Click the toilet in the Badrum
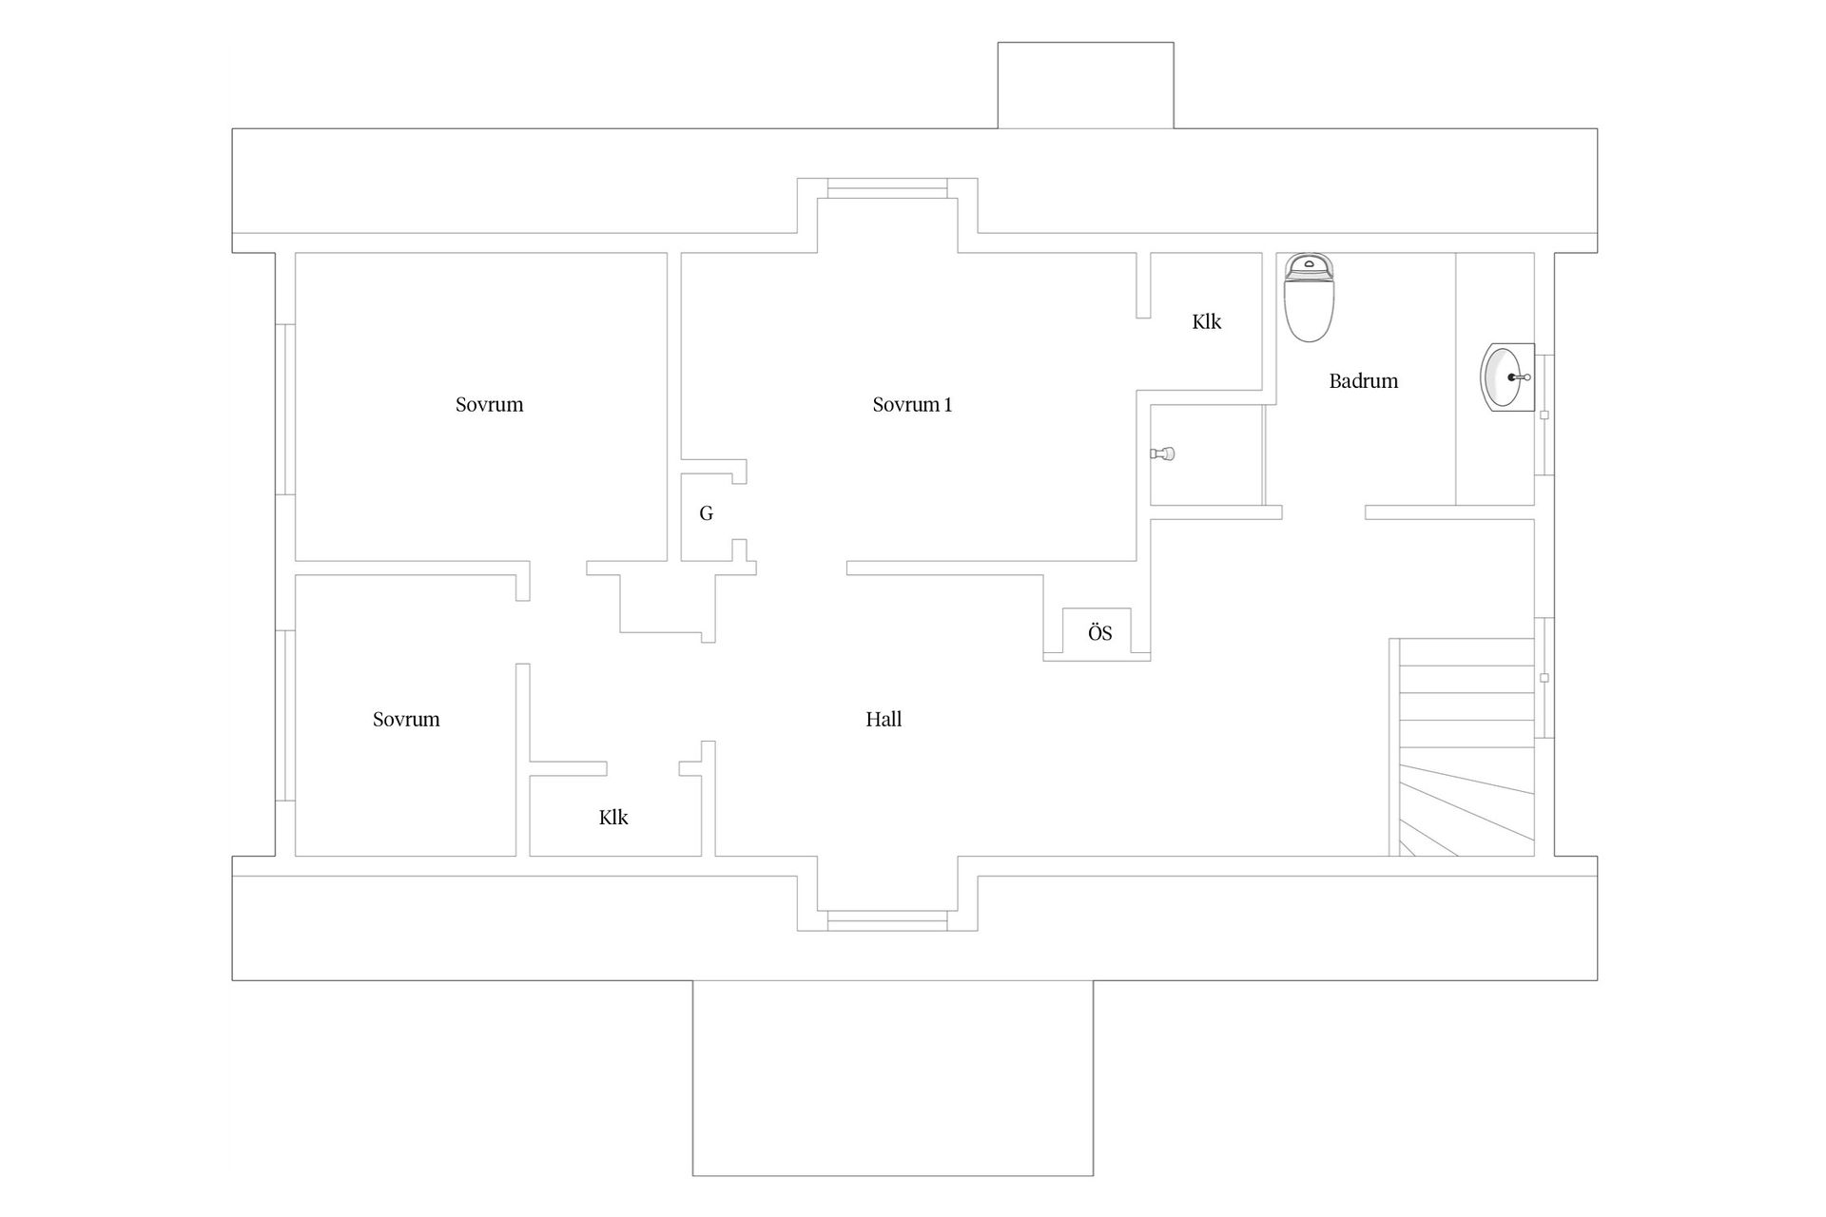1309,298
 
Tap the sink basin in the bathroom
1507,377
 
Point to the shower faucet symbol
1163,454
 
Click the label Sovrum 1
912,405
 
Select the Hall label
884,720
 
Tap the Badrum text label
1364,381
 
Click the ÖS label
1100,633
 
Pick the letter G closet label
706,513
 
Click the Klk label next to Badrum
1207,322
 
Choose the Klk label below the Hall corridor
613,818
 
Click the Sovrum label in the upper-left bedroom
490,405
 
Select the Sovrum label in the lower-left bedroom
406,720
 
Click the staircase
1462,747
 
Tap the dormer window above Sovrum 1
887,188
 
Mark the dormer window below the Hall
887,920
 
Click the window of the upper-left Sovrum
285,409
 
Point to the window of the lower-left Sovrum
285,715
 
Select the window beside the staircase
1544,677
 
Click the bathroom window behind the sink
1544,415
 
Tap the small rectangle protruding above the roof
1085,86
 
